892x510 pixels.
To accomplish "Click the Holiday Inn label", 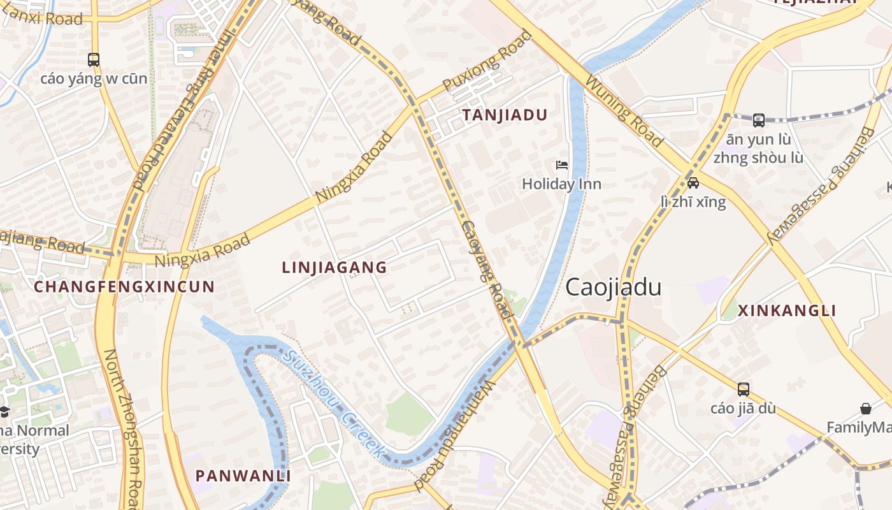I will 561,184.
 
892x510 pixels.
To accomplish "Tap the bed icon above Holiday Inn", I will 561,165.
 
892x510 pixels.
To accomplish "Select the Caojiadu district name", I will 613,288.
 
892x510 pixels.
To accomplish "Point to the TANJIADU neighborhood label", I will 505,115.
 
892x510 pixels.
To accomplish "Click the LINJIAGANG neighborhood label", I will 334,268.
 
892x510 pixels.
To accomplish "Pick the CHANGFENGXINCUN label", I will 124,287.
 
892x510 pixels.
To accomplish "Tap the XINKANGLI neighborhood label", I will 787,311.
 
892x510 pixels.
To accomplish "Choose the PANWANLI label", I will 243,476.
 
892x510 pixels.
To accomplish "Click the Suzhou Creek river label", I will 334,404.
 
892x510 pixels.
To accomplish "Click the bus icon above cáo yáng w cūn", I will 94,60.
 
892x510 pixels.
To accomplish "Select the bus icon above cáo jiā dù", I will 743,390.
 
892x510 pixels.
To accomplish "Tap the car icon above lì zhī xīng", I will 693,183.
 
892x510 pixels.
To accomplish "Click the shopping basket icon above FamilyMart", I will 866,409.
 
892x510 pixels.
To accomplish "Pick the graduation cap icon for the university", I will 4,411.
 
